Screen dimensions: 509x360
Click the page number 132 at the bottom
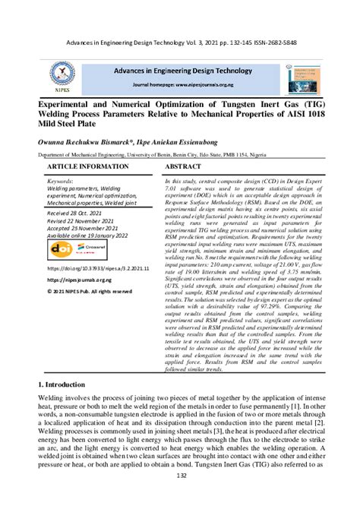pos(180,495)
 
